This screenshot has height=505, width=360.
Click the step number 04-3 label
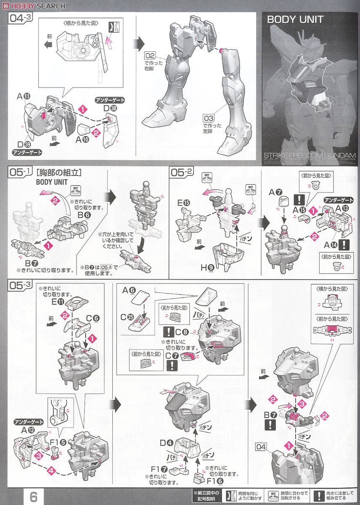19,19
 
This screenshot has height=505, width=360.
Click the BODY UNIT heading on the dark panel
295,19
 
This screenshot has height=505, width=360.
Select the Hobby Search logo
34,5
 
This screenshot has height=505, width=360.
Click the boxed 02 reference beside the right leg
150,56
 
